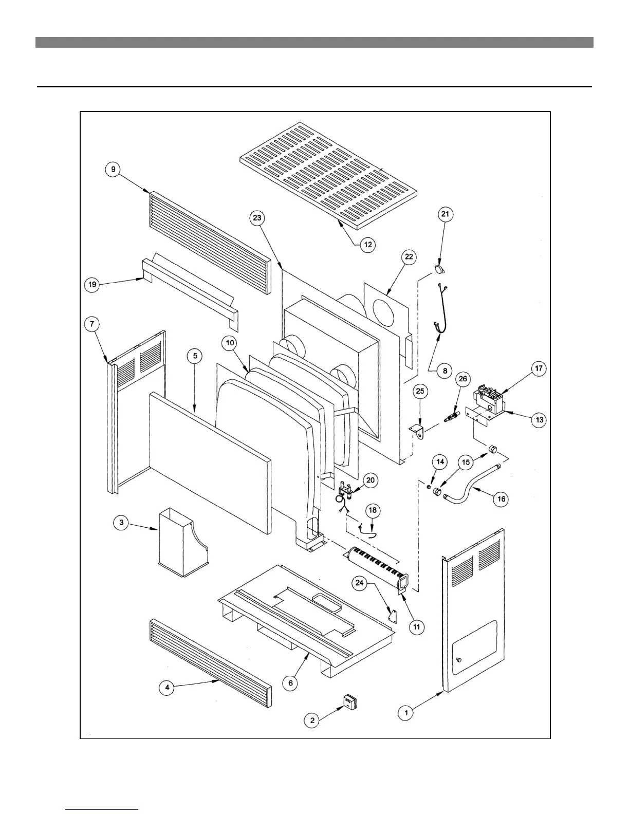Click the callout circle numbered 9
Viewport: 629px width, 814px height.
click(114, 170)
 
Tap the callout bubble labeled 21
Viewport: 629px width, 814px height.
click(446, 214)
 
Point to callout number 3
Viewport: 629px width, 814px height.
click(122, 523)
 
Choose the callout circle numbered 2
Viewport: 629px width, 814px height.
click(312, 720)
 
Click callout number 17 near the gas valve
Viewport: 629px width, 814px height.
click(539, 368)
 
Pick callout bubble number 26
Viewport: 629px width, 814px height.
click(463, 379)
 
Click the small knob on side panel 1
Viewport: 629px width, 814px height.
click(458, 660)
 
